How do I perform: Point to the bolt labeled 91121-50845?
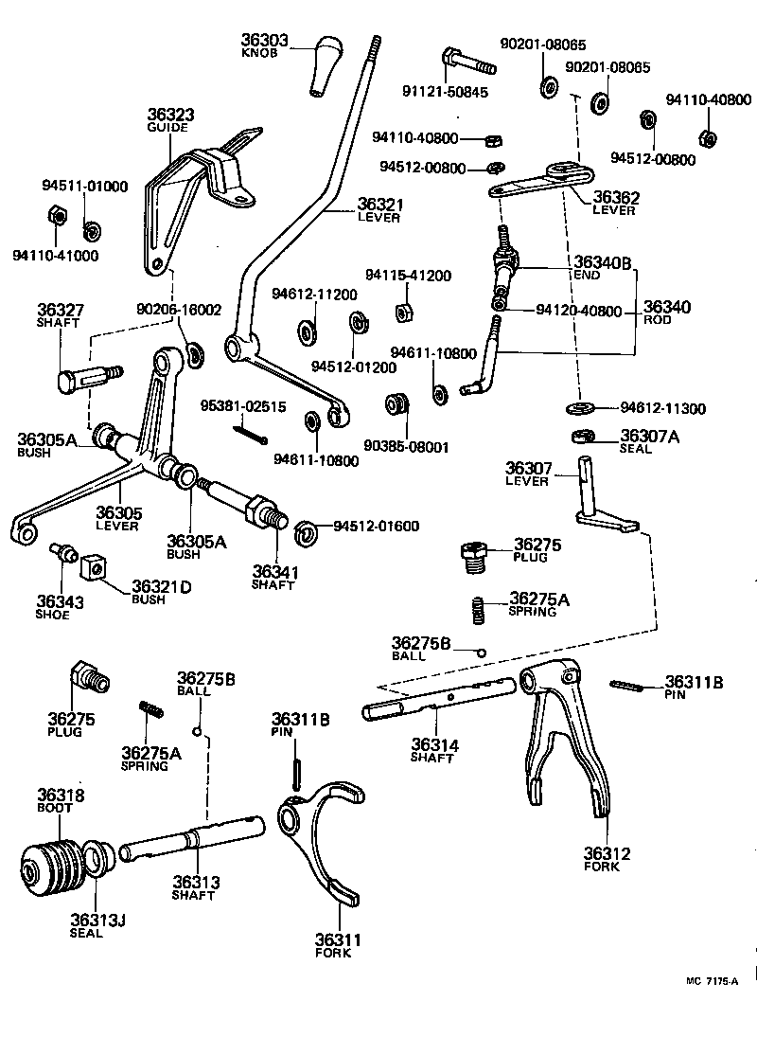tap(467, 63)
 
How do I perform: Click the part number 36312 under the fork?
tap(607, 852)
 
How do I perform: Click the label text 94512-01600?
tap(376, 526)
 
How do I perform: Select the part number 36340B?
tap(602, 261)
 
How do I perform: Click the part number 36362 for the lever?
tap(616, 198)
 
